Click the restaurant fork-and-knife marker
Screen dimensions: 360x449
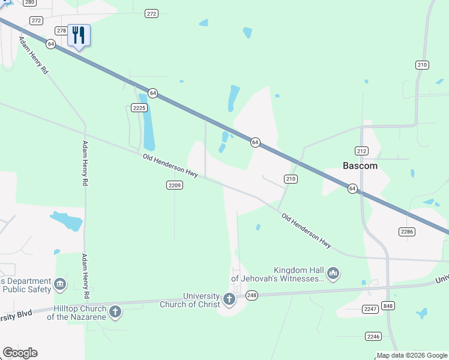point(79,35)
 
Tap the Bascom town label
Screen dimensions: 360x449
point(360,166)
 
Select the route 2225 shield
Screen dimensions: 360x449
point(139,108)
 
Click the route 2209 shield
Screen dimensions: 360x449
point(174,185)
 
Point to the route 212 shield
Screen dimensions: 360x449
point(361,151)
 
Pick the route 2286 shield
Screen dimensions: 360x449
point(407,231)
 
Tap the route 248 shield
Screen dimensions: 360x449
point(252,295)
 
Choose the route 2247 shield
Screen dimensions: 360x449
point(370,309)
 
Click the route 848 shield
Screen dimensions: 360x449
point(388,306)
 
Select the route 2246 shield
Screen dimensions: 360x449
point(373,336)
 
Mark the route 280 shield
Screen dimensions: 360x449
point(29,3)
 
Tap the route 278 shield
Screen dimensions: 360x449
point(61,31)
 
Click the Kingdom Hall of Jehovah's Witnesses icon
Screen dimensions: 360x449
point(333,274)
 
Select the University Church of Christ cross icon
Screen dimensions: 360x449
point(229,299)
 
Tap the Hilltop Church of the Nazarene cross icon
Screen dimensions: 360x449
point(115,311)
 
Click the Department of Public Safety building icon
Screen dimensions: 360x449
point(60,284)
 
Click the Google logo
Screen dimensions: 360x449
point(20,353)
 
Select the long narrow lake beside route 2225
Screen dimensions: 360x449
point(147,123)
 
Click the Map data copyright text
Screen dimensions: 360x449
point(412,355)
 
